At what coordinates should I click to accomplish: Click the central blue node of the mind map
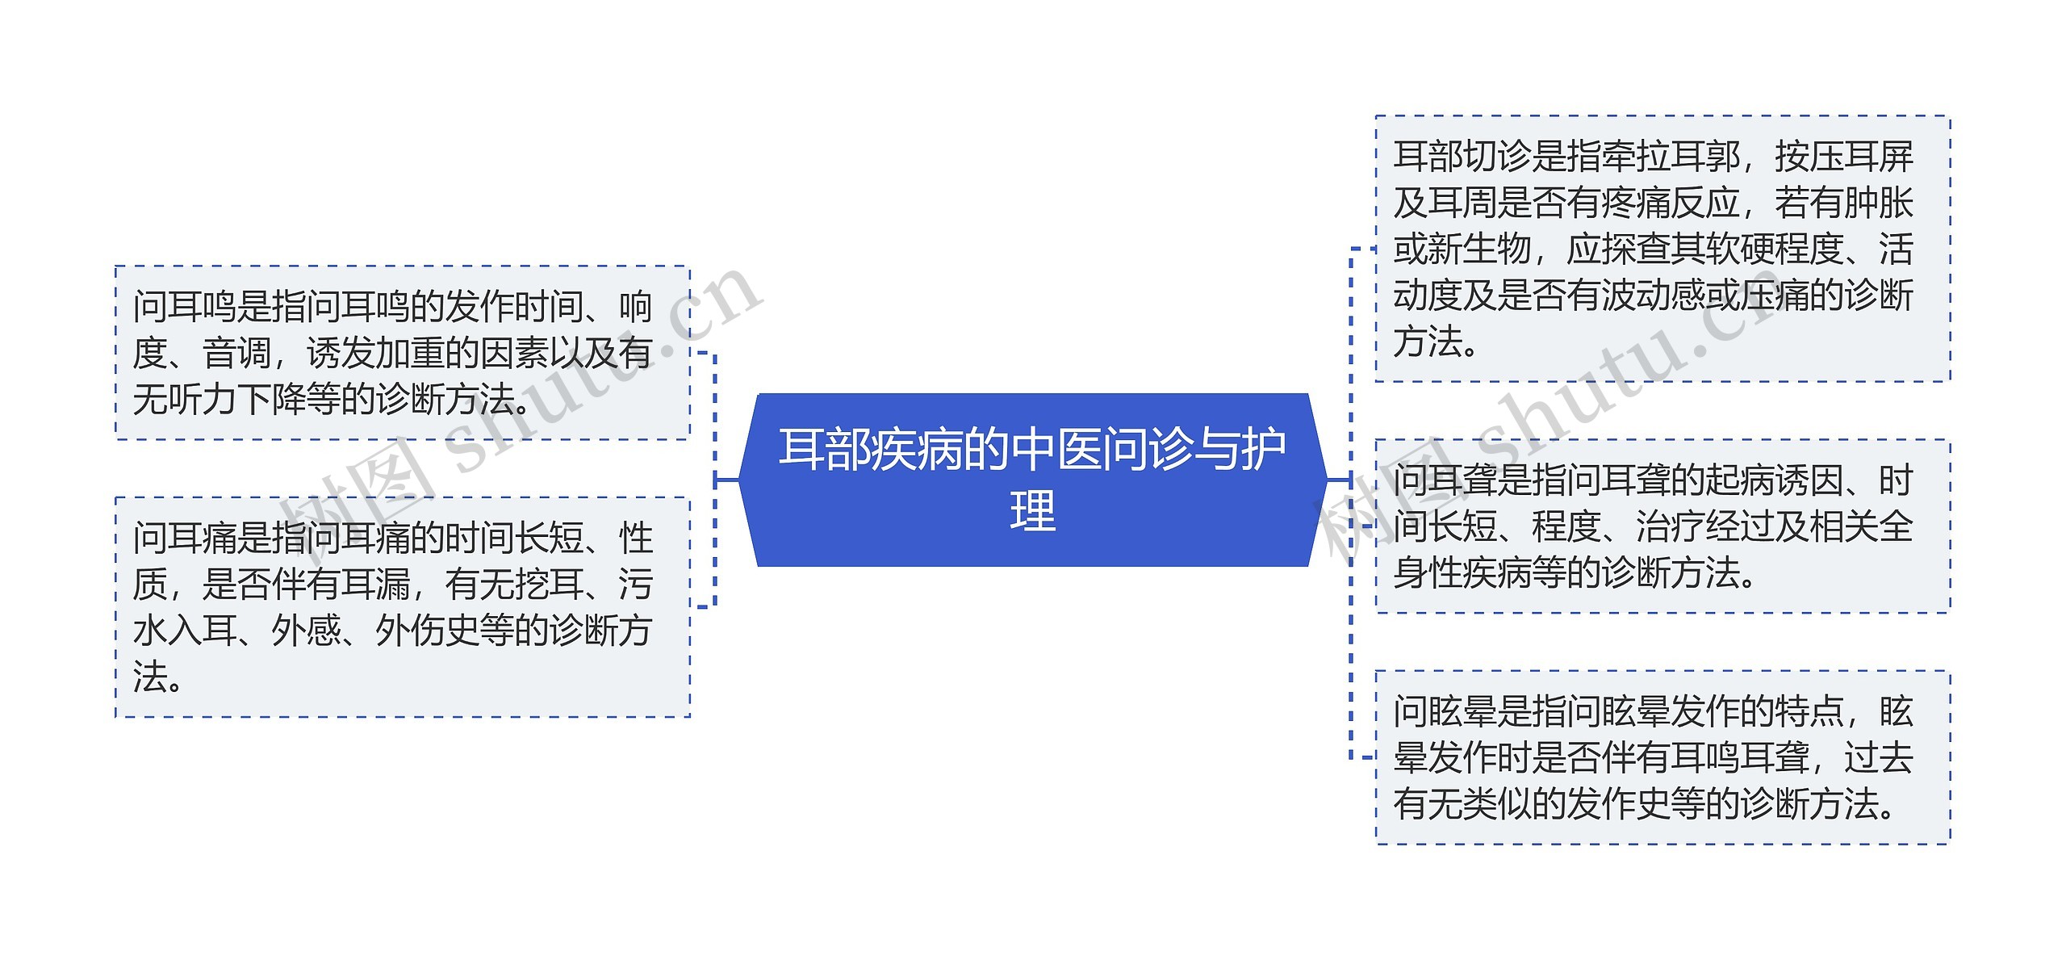[x=1032, y=480]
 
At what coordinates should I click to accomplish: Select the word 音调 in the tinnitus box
[x=236, y=353]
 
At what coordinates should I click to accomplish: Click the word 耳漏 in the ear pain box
[x=375, y=584]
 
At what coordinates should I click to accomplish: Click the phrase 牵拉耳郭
[x=1671, y=157]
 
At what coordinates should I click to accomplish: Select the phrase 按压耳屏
[x=1843, y=157]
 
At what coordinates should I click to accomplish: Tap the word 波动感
[x=1671, y=296]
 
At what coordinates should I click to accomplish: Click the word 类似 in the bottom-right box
[x=1497, y=804]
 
